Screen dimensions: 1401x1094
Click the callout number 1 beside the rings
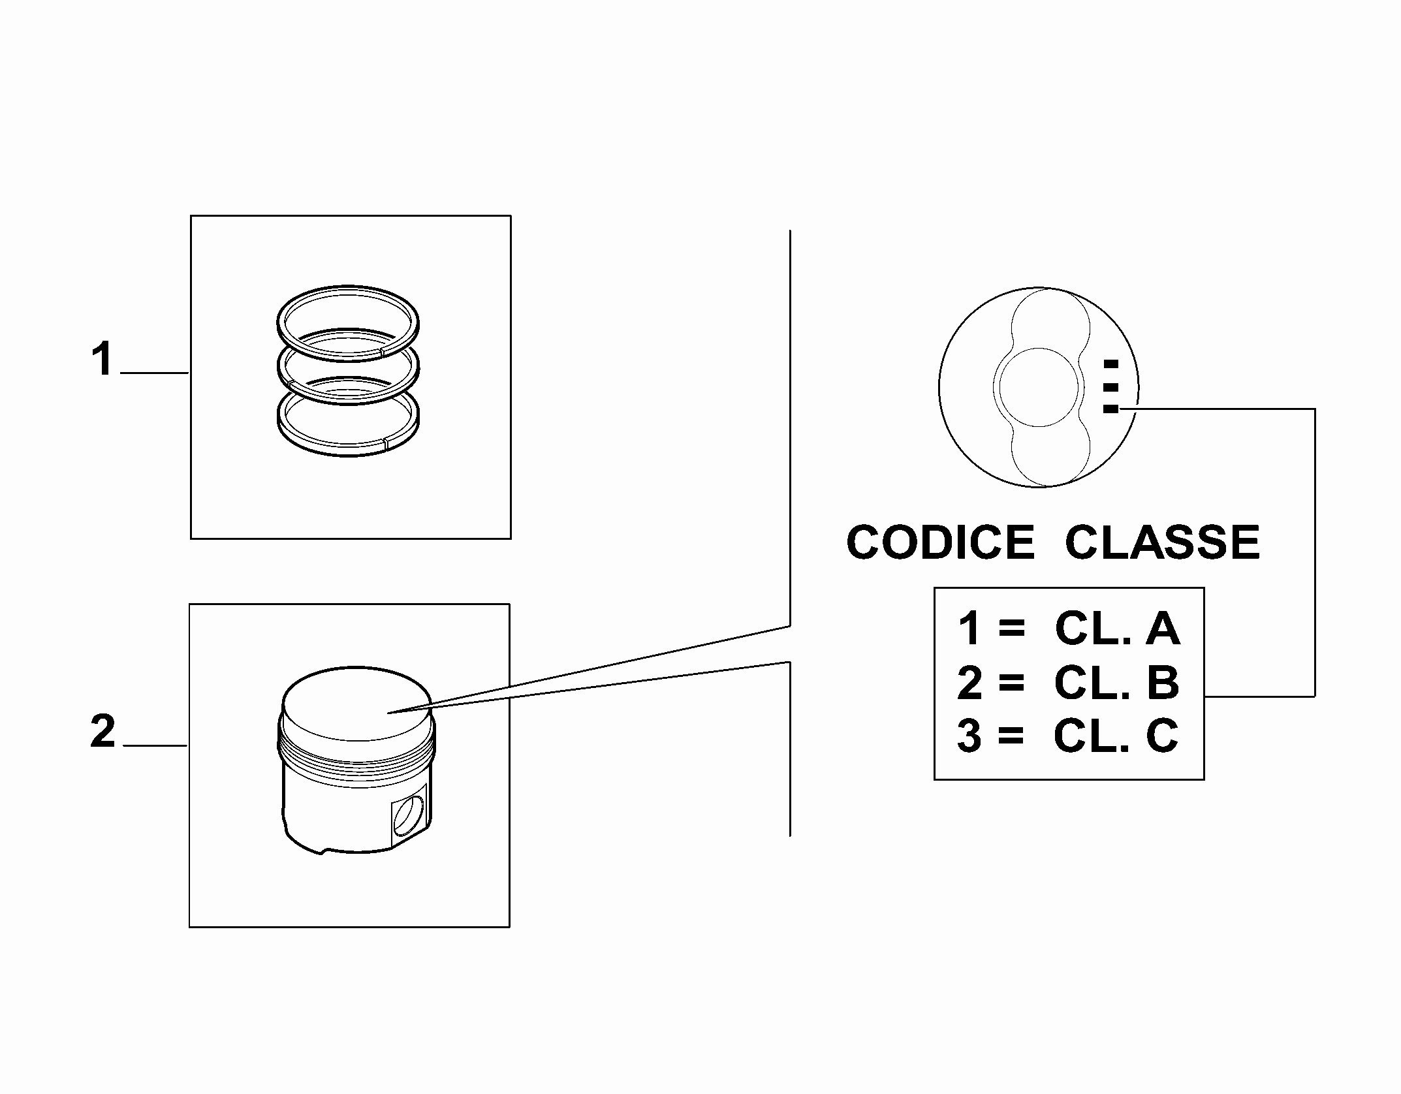[102, 359]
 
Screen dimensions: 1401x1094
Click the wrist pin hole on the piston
[409, 814]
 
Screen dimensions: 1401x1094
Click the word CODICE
[940, 542]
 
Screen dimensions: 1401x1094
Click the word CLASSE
[1162, 542]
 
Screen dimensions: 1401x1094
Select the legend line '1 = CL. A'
[1069, 629]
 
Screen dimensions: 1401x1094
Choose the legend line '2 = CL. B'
[1069, 683]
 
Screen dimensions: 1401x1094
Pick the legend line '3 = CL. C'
[1068, 735]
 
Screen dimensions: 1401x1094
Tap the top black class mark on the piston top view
[1110, 364]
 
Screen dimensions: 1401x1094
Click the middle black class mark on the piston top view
[1110, 387]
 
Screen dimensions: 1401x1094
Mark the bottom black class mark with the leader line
[1110, 409]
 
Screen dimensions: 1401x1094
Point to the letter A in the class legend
[1163, 629]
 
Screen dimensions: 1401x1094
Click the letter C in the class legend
[1162, 735]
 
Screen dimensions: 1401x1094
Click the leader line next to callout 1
[155, 373]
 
